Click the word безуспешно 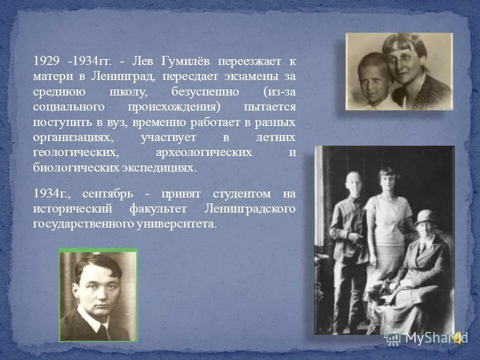click(205, 92)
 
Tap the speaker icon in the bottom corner click(458, 338)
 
